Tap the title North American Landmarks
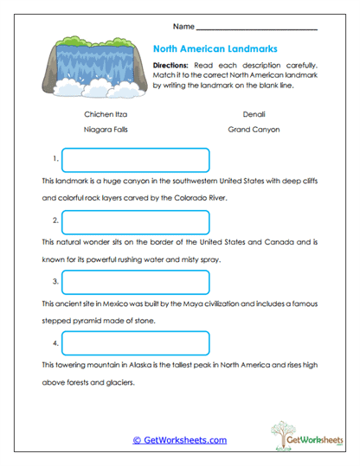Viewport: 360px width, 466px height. click(215, 49)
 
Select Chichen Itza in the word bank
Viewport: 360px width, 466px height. click(105, 113)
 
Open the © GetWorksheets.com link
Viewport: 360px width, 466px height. click(179, 440)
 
